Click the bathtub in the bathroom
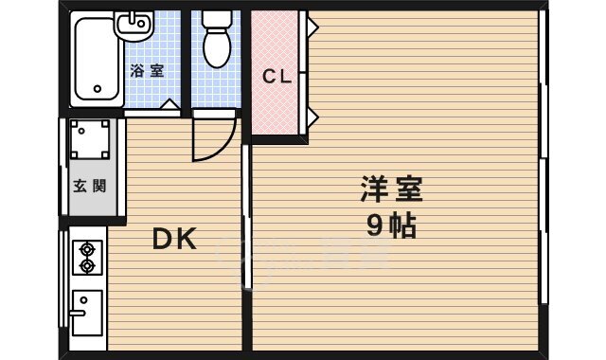[x=96, y=61]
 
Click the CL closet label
[x=276, y=77]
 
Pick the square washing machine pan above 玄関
[x=89, y=140]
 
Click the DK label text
[x=174, y=241]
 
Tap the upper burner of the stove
[x=87, y=249]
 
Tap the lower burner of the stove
[x=87, y=266]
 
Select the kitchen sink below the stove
[x=88, y=312]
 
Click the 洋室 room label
[x=390, y=189]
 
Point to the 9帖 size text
[x=390, y=227]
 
